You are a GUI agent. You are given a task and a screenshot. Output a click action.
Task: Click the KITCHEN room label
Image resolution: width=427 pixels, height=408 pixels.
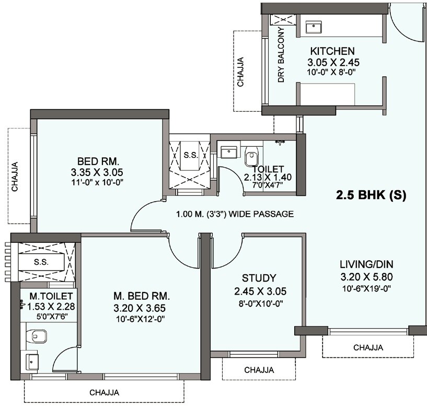pos(333,51)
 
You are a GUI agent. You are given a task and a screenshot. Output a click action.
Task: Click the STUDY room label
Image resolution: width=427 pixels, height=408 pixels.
pos(259,278)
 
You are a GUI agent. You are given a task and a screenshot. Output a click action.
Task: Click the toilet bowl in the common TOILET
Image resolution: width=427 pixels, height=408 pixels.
pos(252,156)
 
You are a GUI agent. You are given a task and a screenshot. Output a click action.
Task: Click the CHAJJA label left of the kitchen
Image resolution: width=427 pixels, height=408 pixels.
pos(240,71)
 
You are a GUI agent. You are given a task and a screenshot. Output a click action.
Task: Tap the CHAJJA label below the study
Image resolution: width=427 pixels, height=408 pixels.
pos(259,370)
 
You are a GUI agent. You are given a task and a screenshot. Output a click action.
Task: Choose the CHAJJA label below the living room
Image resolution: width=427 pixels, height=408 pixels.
pos(367,347)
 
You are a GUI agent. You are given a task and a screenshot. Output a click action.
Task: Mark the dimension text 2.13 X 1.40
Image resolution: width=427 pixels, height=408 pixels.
pos(269,177)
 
